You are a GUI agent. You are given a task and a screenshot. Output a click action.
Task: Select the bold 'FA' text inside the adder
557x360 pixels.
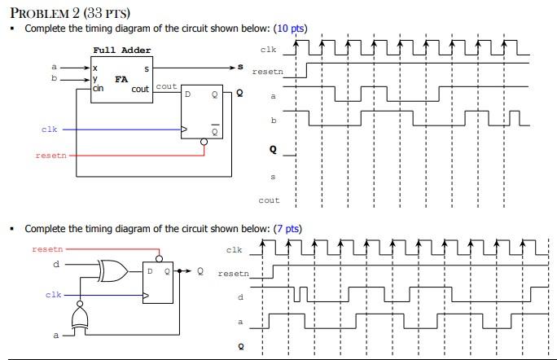point(121,80)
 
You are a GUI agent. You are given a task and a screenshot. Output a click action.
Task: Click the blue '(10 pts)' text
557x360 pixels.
point(291,29)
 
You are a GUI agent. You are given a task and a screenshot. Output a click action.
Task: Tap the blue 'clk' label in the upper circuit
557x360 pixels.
point(49,129)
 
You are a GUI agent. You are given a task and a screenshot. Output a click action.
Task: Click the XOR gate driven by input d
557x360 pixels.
point(109,270)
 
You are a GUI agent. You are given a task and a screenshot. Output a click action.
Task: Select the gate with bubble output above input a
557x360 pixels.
point(79,316)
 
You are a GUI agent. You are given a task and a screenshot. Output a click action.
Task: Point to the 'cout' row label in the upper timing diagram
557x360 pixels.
point(269,200)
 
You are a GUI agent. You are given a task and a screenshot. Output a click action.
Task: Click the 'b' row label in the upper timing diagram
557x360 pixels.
point(273,121)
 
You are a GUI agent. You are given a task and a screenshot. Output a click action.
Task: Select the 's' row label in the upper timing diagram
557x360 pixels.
point(273,175)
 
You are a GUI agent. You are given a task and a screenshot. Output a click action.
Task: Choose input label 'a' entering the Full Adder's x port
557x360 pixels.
point(55,66)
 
